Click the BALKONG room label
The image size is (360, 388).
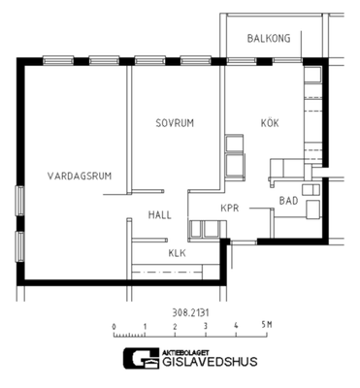[x=269, y=38]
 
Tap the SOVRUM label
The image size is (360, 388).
[x=175, y=123]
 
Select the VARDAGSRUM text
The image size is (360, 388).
[x=80, y=176]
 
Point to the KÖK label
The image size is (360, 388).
[x=270, y=122]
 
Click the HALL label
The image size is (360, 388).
[x=160, y=215]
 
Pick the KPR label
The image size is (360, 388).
[x=230, y=208]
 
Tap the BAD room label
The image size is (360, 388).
[x=288, y=201]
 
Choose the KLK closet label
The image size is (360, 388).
[x=178, y=253]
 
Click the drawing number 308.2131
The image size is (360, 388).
[x=190, y=312]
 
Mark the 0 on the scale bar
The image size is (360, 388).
[x=114, y=327]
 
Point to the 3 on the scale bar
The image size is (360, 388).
[x=206, y=326]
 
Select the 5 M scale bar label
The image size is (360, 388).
[x=267, y=325]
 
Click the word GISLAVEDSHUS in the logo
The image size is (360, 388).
[x=210, y=361]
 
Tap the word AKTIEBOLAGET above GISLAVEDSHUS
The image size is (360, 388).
[x=185, y=352]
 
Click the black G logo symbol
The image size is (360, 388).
[x=142, y=359]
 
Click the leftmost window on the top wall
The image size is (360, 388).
[x=58, y=60]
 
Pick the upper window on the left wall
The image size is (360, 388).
[x=20, y=201]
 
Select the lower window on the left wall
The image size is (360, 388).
[x=20, y=246]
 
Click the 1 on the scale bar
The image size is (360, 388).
[x=145, y=326]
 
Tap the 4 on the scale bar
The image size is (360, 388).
[x=236, y=325]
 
